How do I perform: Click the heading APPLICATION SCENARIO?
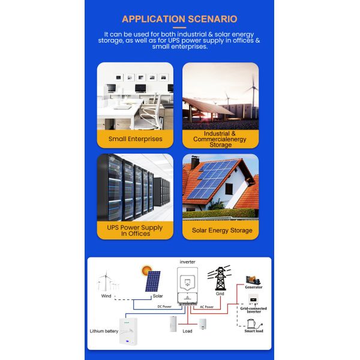(x=179, y=19)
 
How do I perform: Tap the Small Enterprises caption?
(x=135, y=139)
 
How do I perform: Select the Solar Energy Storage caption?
(x=221, y=230)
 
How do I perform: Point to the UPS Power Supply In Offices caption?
(x=135, y=230)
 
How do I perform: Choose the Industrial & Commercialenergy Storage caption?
(x=221, y=139)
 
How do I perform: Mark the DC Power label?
(x=164, y=306)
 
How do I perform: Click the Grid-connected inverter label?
(x=254, y=310)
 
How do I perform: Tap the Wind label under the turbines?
(x=106, y=296)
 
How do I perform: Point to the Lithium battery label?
(x=103, y=331)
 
